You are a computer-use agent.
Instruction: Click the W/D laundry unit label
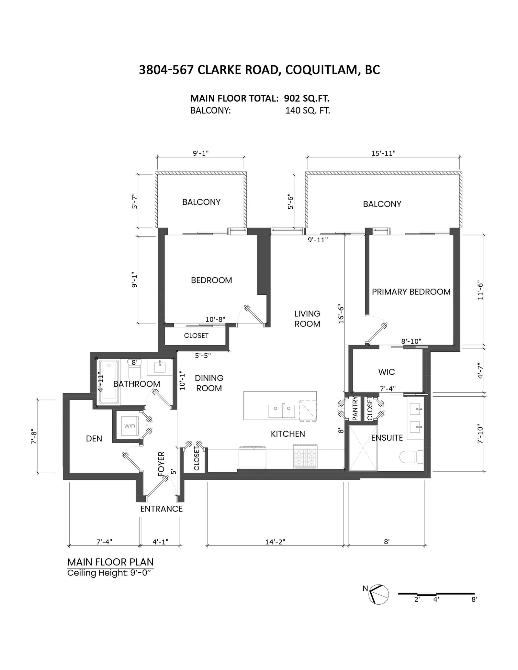coord(129,426)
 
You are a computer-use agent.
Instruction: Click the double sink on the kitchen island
coord(282,411)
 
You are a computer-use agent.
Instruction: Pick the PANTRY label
coord(354,408)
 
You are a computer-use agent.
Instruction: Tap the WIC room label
coord(387,372)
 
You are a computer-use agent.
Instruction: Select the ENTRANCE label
coord(162,509)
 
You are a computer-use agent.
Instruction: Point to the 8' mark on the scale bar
coord(474,599)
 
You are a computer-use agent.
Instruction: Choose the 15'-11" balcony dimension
coord(384,153)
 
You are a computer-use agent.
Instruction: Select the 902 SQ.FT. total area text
coord(307,98)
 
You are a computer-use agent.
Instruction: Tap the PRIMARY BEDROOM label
coord(411,291)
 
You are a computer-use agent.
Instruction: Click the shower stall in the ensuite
coord(363,448)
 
